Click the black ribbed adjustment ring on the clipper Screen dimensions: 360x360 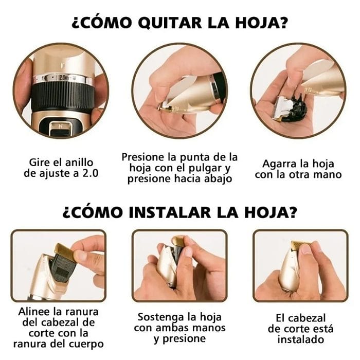coord(61,100)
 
